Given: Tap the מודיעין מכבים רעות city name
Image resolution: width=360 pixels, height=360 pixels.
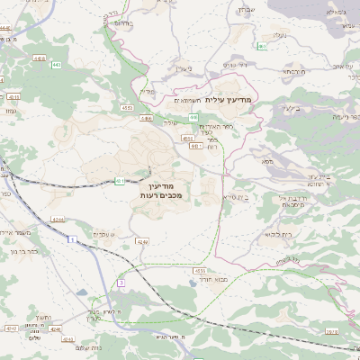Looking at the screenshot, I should [163, 190].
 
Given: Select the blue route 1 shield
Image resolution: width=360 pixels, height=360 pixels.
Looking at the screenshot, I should [69, 240].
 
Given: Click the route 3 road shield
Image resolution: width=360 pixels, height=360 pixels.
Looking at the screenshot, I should [119, 283].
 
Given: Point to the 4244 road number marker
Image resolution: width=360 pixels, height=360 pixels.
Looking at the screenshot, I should [57, 219].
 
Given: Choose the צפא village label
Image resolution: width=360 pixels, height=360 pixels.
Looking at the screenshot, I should [266, 161].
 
